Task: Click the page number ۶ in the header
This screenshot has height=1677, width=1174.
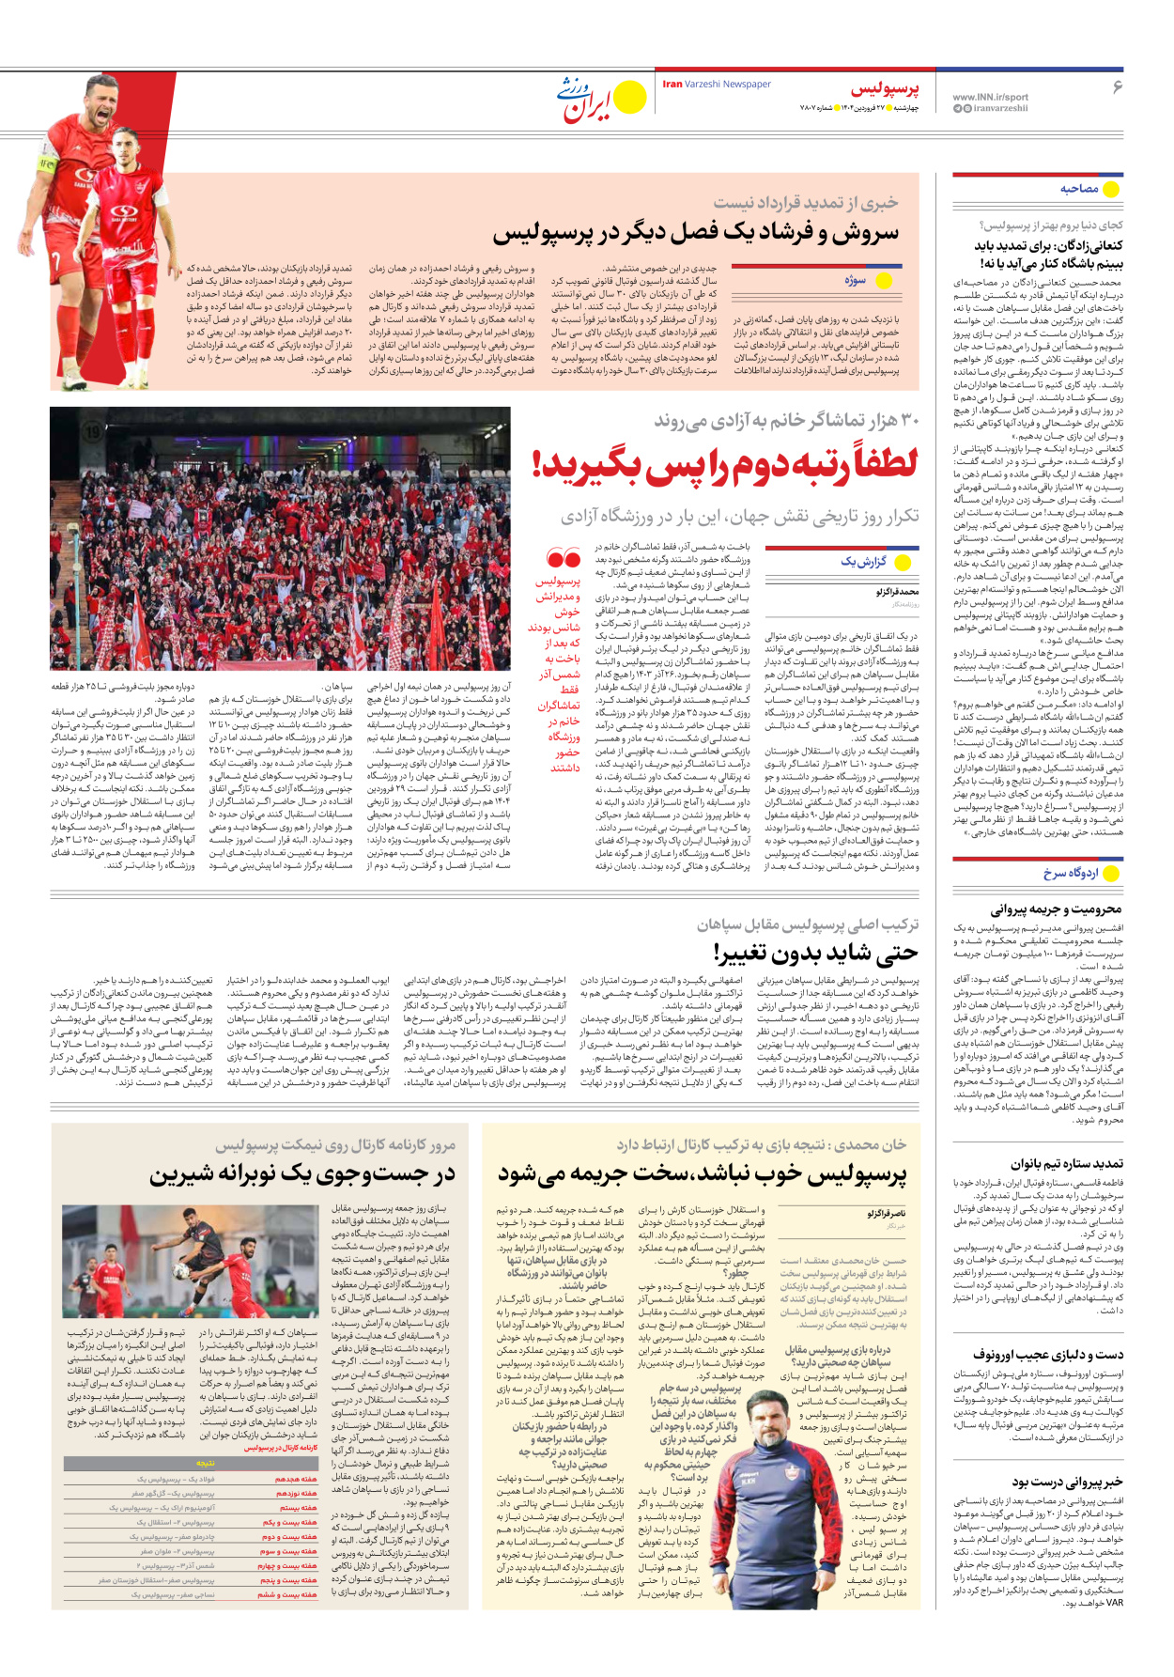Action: (x=1118, y=87)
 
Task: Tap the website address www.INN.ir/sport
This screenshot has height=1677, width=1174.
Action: (x=990, y=97)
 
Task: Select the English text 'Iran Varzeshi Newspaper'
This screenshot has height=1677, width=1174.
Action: (x=717, y=85)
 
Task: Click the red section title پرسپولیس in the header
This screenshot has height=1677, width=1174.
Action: (x=885, y=90)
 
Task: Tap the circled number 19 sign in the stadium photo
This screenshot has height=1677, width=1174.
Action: (x=92, y=431)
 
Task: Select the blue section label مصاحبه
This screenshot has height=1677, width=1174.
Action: (x=1079, y=189)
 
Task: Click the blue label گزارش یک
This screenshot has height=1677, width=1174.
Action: (x=863, y=562)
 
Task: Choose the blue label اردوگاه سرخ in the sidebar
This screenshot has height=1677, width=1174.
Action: (x=1071, y=873)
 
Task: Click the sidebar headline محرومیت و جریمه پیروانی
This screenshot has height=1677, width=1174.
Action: (x=1056, y=909)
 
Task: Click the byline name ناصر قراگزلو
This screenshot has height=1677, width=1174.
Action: (x=887, y=1215)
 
